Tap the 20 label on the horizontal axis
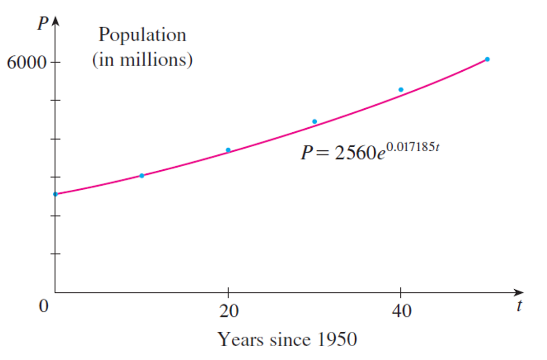click(228, 311)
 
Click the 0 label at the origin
click(45, 307)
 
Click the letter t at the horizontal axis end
click(520, 307)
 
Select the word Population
click(142, 35)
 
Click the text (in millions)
click(142, 60)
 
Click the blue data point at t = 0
click(55, 194)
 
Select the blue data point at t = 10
click(142, 175)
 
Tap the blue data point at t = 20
click(228, 150)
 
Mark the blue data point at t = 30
click(314, 122)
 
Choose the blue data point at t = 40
click(401, 90)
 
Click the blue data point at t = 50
click(487, 59)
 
